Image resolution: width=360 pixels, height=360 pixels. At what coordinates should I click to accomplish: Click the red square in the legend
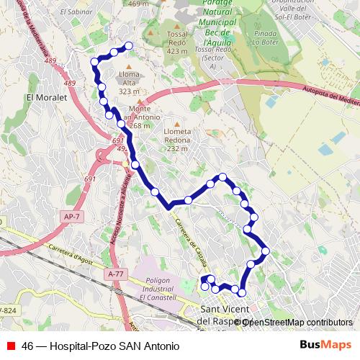pyautogui.click(x=12, y=346)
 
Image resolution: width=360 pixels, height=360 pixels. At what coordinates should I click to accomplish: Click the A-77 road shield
pyautogui.click(x=114, y=274)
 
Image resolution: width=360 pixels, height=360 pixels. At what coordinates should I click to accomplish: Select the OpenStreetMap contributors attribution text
pyautogui.click(x=297, y=323)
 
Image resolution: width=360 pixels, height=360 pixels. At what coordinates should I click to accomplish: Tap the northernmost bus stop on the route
pyautogui.click(x=130, y=46)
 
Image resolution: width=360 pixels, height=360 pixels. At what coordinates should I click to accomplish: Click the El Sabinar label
pyautogui.click(x=75, y=12)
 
